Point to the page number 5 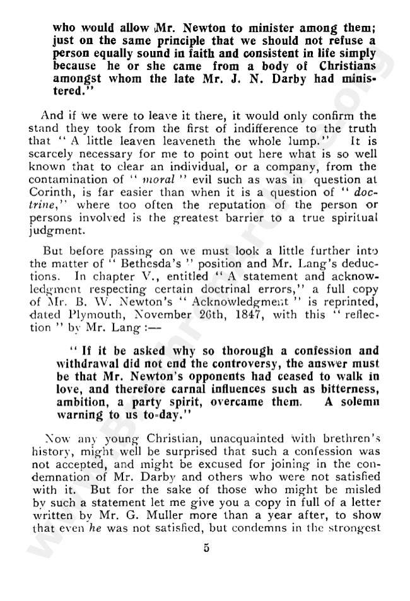[206, 548]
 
